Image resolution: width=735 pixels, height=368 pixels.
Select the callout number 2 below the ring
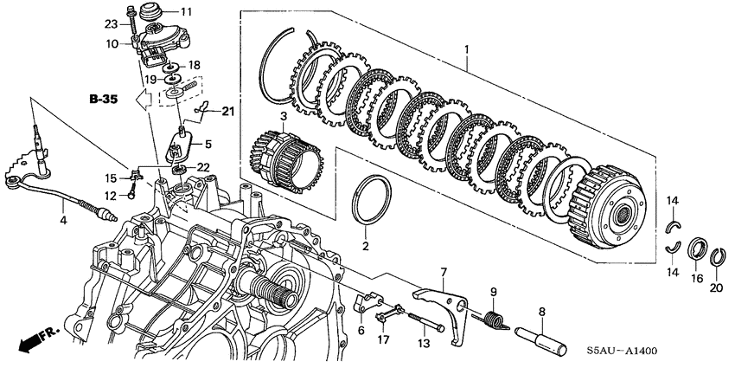[x=366, y=247]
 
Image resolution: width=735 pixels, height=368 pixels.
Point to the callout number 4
[x=63, y=221]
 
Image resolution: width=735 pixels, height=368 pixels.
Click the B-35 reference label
[x=103, y=100]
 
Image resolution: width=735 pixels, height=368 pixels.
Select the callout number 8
[x=541, y=311]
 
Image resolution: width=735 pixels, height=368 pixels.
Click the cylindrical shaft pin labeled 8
[x=541, y=335]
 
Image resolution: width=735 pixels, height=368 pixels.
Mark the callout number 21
[x=227, y=111]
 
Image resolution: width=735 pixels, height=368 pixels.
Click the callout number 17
[x=382, y=340]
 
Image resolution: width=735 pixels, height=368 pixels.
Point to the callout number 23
[x=111, y=23]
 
